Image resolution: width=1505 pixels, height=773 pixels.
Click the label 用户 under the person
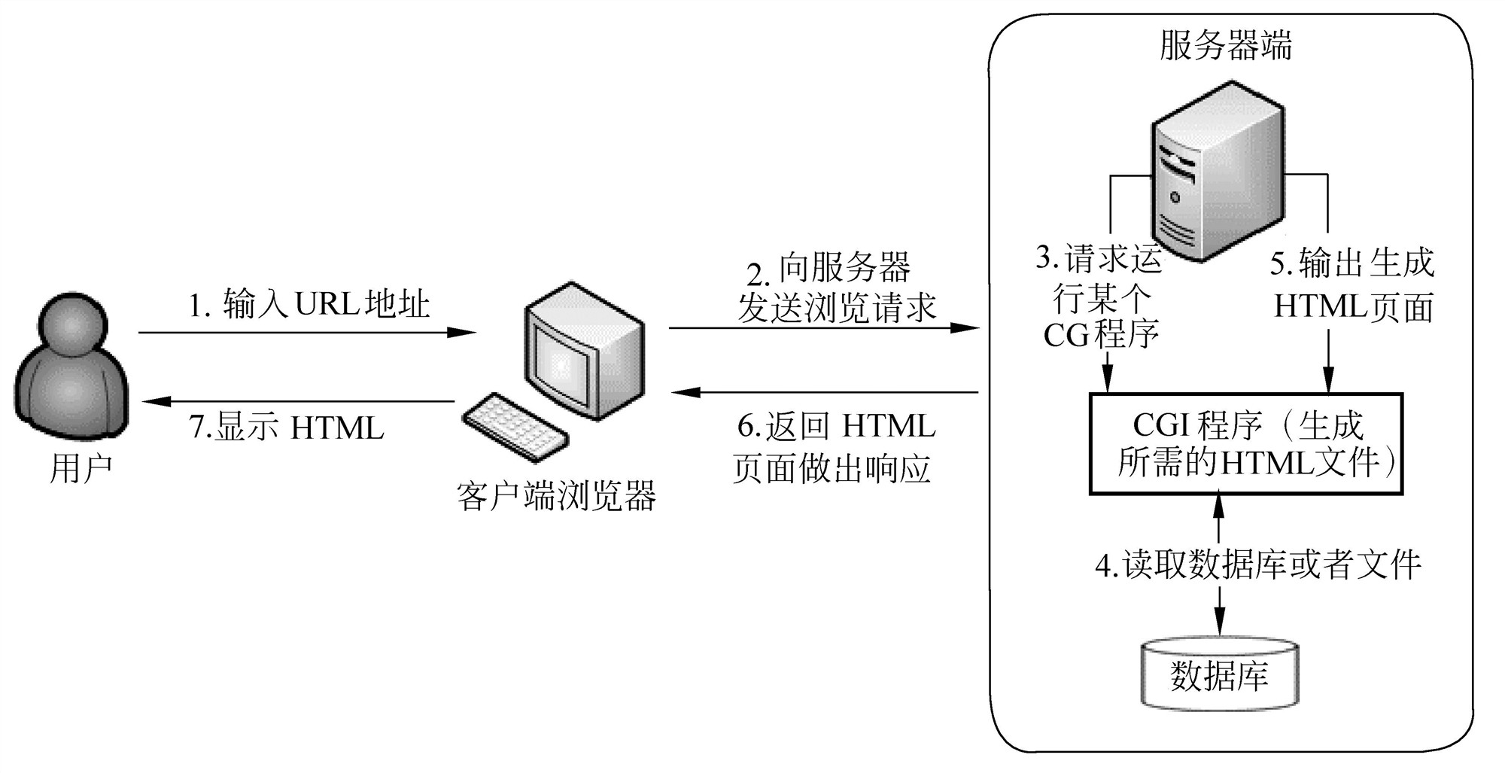coord(81,469)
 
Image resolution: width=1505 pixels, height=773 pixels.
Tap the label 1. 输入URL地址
coord(309,305)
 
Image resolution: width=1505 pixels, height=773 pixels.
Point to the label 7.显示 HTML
coord(286,428)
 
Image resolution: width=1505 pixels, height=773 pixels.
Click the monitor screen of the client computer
coord(561,365)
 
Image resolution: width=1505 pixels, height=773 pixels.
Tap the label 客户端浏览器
coord(556,496)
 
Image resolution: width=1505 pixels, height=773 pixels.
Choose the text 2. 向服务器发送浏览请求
coord(835,288)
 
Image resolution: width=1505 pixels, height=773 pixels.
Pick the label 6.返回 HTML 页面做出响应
coord(834,448)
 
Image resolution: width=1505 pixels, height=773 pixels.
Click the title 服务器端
coord(1225,45)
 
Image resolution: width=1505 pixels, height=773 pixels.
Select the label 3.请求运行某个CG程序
coord(1100,298)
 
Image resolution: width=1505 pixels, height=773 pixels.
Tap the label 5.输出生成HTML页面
coord(1352,286)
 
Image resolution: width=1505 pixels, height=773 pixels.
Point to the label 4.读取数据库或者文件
coord(1257,565)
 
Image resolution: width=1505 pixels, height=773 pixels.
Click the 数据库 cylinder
coord(1220,675)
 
